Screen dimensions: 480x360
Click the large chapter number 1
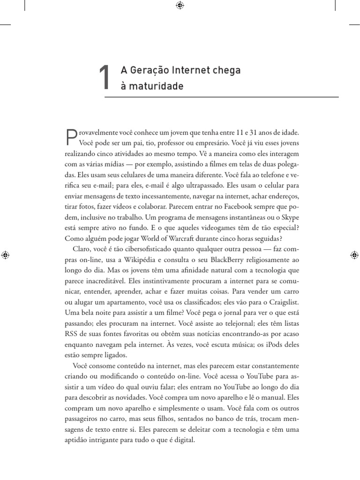click(105, 77)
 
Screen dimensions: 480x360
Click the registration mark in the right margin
click(354, 255)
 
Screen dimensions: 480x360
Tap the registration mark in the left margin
click(6, 255)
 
